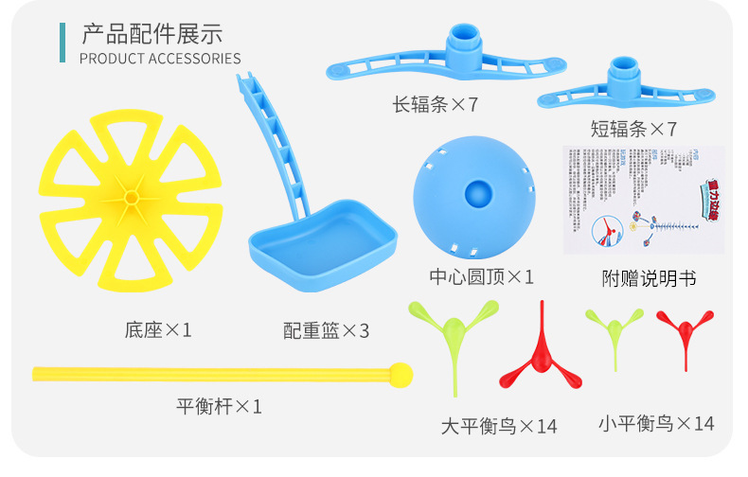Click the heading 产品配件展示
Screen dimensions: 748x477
[152, 34]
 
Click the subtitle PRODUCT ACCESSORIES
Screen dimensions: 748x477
[160, 59]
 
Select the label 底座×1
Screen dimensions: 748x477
[158, 330]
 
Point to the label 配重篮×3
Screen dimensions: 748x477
[326, 331]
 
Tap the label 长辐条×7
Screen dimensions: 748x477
[436, 103]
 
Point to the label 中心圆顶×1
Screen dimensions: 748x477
[482, 277]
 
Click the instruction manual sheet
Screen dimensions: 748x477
[643, 200]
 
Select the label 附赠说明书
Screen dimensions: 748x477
[649, 278]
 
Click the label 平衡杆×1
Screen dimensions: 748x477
[219, 407]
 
